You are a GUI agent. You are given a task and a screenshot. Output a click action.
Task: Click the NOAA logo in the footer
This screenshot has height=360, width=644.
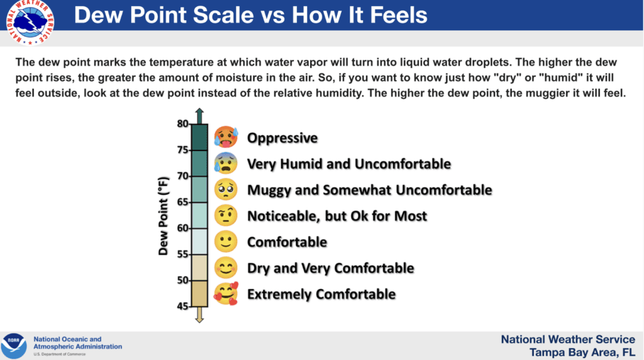click(x=14, y=346)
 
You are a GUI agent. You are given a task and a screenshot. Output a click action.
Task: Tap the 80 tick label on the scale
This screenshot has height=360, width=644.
click(x=182, y=123)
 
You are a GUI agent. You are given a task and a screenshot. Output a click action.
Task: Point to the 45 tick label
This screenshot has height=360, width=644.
click(x=182, y=307)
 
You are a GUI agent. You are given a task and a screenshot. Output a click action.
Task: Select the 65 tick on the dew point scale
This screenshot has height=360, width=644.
click(x=182, y=202)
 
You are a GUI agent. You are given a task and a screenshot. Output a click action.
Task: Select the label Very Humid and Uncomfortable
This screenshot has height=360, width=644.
click(x=348, y=164)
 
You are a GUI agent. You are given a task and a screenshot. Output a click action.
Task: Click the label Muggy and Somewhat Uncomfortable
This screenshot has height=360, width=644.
click(x=369, y=189)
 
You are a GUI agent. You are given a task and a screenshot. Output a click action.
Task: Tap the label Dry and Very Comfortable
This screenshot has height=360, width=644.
click(x=330, y=268)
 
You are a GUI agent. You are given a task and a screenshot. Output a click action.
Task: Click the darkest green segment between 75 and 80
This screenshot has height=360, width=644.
click(x=199, y=137)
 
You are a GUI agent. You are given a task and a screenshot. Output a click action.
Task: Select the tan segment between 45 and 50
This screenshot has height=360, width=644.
click(x=199, y=294)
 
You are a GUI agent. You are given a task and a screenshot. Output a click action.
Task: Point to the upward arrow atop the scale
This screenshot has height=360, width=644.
click(x=199, y=115)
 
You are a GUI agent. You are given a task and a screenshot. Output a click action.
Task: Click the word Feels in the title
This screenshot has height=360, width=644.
click(x=394, y=14)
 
